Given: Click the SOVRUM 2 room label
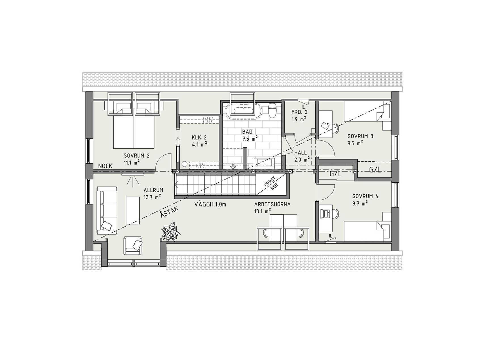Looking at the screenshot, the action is (136, 155).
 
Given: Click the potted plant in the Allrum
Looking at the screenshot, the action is (171, 233).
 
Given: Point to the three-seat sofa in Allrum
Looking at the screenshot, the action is (107, 210).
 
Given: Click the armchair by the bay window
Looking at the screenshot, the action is (133, 246).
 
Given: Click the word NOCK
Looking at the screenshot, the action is (105, 166).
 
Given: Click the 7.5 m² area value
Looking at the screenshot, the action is (250, 138).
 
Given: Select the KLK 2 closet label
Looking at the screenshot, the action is (199, 138).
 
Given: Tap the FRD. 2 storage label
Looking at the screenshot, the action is (299, 112).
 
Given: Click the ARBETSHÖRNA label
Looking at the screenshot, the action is (272, 204).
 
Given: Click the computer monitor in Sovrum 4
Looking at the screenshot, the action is (325, 213).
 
